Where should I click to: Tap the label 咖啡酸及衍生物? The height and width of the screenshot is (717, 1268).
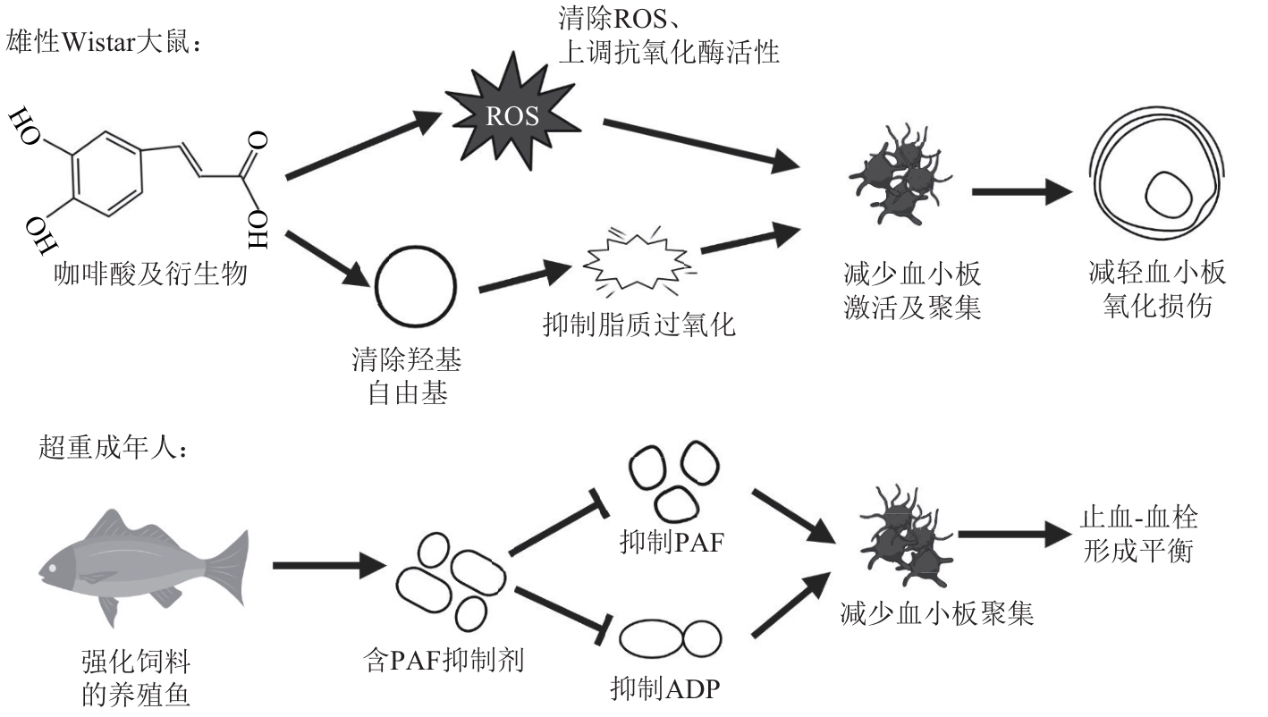click(x=150, y=274)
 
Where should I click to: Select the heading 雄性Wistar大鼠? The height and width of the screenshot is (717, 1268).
click(x=104, y=42)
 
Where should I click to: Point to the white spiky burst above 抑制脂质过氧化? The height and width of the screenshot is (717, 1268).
click(x=638, y=261)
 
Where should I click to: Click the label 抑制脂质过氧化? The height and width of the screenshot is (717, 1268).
click(x=639, y=325)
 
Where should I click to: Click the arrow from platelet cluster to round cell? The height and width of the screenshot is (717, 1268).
click(x=1022, y=192)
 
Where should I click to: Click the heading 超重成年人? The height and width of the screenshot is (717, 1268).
click(x=113, y=448)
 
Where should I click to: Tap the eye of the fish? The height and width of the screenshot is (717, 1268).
click(x=52, y=568)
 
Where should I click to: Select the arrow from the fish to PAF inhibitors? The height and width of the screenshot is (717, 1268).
click(x=329, y=565)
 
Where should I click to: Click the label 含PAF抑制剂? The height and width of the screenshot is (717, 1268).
click(x=444, y=660)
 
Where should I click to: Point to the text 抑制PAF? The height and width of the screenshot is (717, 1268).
click(x=672, y=542)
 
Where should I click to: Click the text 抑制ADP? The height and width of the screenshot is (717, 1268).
click(x=665, y=688)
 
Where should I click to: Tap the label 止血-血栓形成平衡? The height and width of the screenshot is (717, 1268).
click(x=1138, y=535)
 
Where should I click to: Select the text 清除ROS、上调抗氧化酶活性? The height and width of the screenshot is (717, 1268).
click(x=669, y=36)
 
